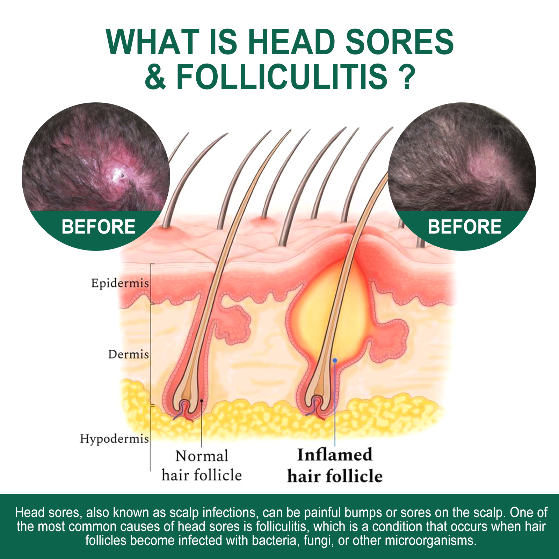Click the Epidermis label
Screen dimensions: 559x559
[120, 283]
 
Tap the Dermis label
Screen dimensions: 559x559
[128, 354]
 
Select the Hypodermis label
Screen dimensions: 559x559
[114, 439]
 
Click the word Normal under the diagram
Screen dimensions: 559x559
[202, 456]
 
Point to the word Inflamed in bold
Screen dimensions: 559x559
[335, 455]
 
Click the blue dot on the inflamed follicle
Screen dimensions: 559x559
[335, 360]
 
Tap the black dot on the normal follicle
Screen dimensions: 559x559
[202, 401]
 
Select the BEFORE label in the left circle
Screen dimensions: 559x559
[99, 227]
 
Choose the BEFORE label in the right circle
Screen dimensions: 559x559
[465, 227]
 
